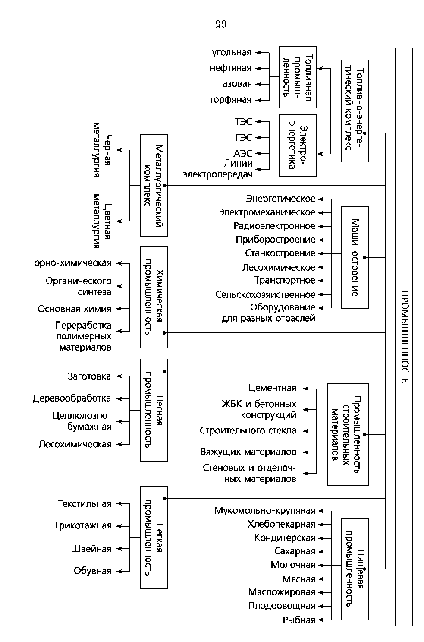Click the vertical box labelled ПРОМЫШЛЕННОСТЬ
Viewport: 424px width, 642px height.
click(x=404, y=337)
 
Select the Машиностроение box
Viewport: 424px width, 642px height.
click(x=355, y=257)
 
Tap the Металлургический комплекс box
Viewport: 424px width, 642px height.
click(x=154, y=185)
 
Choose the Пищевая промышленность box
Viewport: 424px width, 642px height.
click(x=355, y=569)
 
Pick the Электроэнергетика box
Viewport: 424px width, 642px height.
click(x=297, y=145)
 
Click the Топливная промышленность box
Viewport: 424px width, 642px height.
click(x=297, y=77)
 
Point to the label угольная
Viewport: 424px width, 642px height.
click(x=232, y=53)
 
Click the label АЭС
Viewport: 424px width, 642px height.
click(x=243, y=153)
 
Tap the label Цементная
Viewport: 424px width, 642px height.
click(x=273, y=388)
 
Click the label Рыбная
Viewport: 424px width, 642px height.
click(x=299, y=620)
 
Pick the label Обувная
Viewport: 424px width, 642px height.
click(x=92, y=571)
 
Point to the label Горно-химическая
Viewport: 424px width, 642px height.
click(x=71, y=263)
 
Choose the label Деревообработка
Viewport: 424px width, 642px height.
click(x=72, y=398)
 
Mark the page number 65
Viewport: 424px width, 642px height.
click(x=220, y=24)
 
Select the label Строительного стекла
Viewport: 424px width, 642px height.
click(x=248, y=430)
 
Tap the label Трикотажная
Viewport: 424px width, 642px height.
click(x=82, y=526)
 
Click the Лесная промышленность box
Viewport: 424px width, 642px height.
click(x=154, y=410)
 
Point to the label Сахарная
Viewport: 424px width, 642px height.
click(x=295, y=551)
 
